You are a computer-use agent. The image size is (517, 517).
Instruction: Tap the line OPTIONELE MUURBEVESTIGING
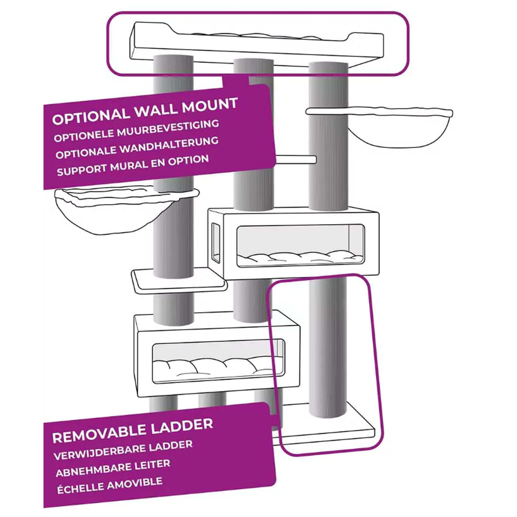pos(136,131)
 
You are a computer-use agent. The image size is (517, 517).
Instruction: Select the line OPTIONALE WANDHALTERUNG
pos(137,148)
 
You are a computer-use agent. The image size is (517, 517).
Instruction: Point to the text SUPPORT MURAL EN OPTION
pos(133,165)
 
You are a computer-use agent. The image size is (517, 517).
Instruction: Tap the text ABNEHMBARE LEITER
pos(113,468)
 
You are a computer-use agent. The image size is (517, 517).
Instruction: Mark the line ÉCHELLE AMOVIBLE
pos(110,485)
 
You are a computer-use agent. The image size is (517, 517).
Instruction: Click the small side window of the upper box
pos(216,243)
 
